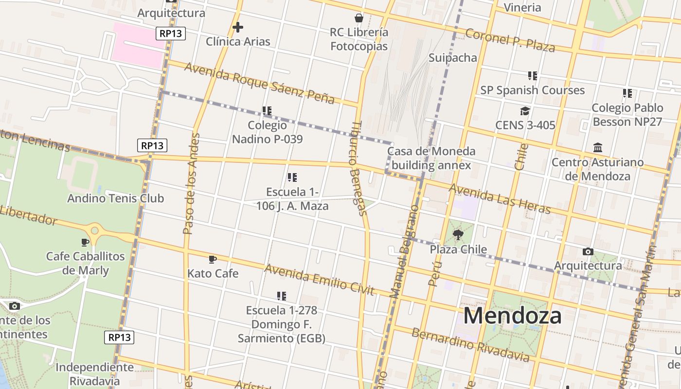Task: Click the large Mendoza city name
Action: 512,316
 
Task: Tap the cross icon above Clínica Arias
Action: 237,27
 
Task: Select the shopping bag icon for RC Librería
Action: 359,18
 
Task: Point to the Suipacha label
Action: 453,58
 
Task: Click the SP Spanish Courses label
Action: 532,90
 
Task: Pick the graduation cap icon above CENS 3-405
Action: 525,111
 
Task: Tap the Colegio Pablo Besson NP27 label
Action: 627,115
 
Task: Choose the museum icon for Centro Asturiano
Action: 598,147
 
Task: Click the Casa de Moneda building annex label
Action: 431,158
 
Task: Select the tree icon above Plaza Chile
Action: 458,235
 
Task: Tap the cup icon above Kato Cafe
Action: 212,260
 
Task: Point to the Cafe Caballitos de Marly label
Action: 86,263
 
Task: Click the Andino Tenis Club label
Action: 115,198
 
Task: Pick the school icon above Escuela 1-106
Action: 292,177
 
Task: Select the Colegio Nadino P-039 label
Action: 267,132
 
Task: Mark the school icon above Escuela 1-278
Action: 281,296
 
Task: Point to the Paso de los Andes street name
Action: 191,183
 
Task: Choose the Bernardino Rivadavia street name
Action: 470,345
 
